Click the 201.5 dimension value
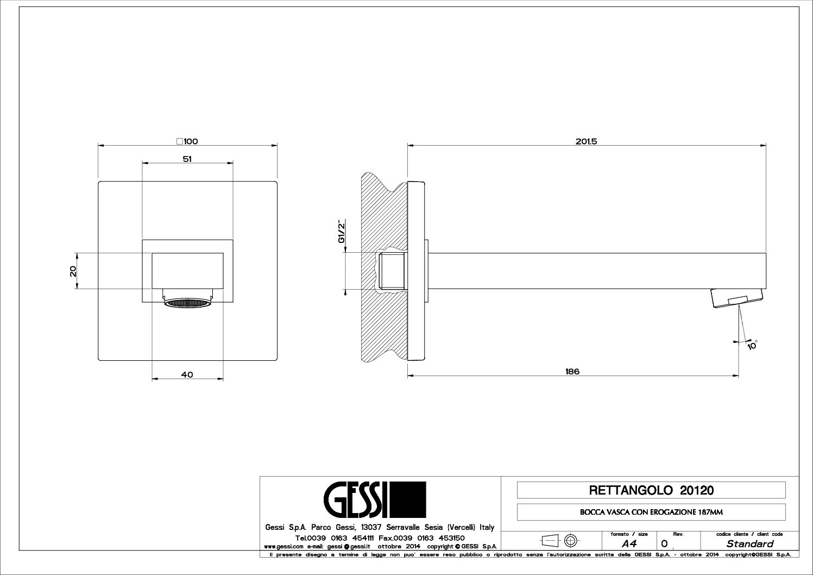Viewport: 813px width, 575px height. point(586,141)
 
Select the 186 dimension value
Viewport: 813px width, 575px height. point(572,371)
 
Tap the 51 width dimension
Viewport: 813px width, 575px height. point(187,159)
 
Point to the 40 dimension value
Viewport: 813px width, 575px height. point(187,374)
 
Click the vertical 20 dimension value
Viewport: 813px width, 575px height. point(73,271)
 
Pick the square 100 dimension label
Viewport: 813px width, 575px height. point(187,141)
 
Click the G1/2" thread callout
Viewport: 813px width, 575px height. point(342,231)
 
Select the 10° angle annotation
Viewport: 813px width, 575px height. point(752,345)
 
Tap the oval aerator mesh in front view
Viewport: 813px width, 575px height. point(187,303)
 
